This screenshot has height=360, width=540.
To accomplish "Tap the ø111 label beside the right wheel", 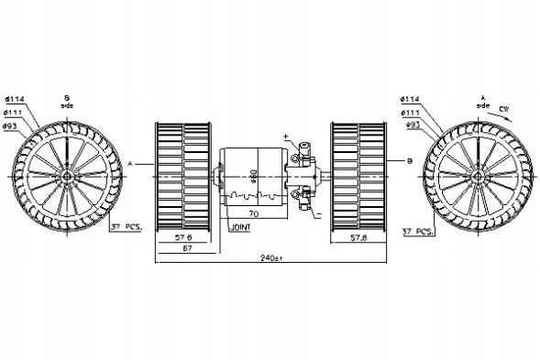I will pyautogui.click(x=413, y=112).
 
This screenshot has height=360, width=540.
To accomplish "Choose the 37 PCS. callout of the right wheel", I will pyautogui.click(x=417, y=232).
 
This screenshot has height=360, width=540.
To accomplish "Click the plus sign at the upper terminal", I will pyautogui.click(x=286, y=137).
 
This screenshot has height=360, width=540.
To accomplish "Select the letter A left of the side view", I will pyautogui.click(x=131, y=161).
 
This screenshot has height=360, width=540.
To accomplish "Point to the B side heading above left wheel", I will pyautogui.click(x=66, y=99).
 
